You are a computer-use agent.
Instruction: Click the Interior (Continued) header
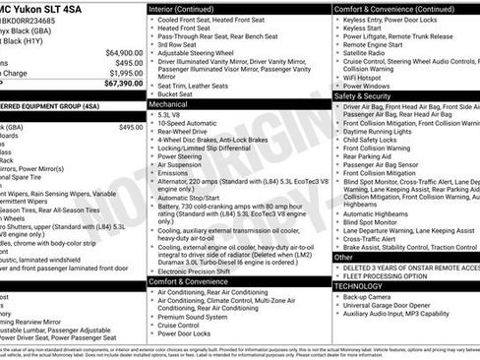(188, 8)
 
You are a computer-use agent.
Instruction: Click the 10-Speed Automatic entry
(187, 124)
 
